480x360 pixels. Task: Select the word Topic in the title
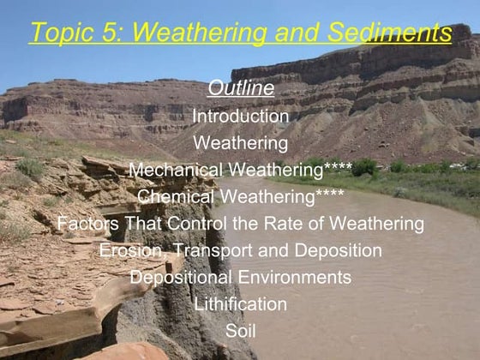coord(62,33)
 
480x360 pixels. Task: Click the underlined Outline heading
coord(241,88)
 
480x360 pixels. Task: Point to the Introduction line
coord(241,115)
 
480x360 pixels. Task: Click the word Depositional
coord(181,279)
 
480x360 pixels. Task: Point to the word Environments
coord(295,279)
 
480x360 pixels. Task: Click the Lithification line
coord(241,305)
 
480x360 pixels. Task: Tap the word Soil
coord(241,331)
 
